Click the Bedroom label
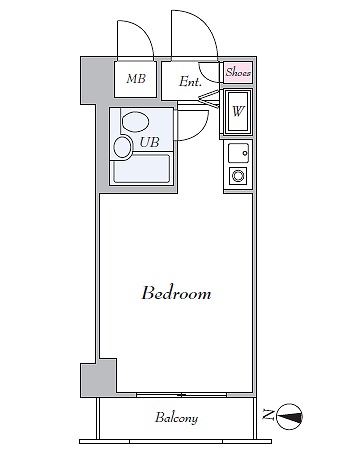point(176,293)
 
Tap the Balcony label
point(176,418)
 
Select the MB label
point(136,79)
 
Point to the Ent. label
point(190,81)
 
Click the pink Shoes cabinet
point(238,72)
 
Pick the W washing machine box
point(238,112)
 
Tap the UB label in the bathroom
point(149,142)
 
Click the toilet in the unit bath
point(135,122)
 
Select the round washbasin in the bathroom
point(122,147)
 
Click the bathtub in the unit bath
point(141,169)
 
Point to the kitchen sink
point(238,153)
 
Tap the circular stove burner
point(238,176)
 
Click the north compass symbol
point(290,416)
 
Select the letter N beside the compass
point(267,414)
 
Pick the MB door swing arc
point(144,30)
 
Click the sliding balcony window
point(182,395)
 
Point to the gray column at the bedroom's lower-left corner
point(98,378)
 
